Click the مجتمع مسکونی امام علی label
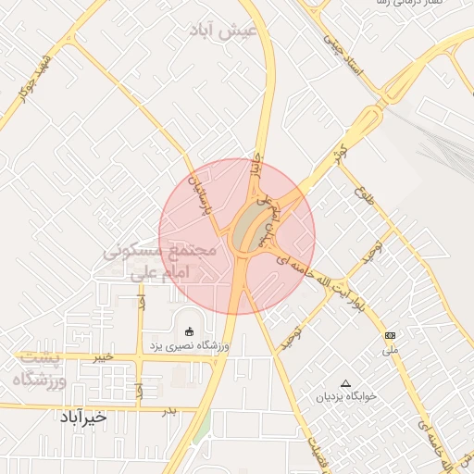[x=159, y=262]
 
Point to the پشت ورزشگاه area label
[x=43, y=368]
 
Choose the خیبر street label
[x=103, y=355]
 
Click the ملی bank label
[x=390, y=351]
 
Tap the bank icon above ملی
[x=390, y=335]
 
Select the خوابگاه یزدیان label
[x=346, y=396]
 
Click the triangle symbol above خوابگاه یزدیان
[x=346, y=382]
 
